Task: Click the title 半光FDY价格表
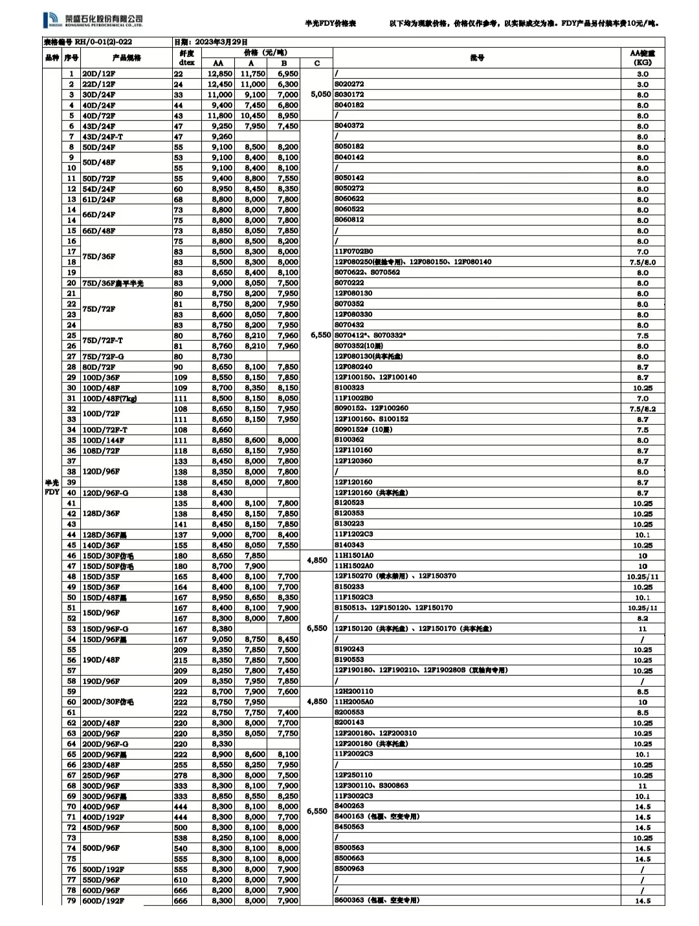tap(330, 24)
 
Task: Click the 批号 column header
tap(476, 58)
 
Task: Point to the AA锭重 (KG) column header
tap(642, 58)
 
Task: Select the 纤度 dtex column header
tap(186, 58)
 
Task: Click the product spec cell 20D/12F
tap(99, 74)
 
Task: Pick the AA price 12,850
tap(220, 74)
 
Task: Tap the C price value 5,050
tap(320, 94)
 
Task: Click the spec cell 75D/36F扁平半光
tap(113, 283)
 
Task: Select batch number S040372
tap(349, 126)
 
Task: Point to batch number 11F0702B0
tap(353, 252)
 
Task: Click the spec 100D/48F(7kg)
tap(109, 398)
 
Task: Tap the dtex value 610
tap(181, 879)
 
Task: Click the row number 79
tap(71, 901)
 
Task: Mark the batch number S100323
tap(349, 388)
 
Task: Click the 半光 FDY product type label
tap(52, 487)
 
